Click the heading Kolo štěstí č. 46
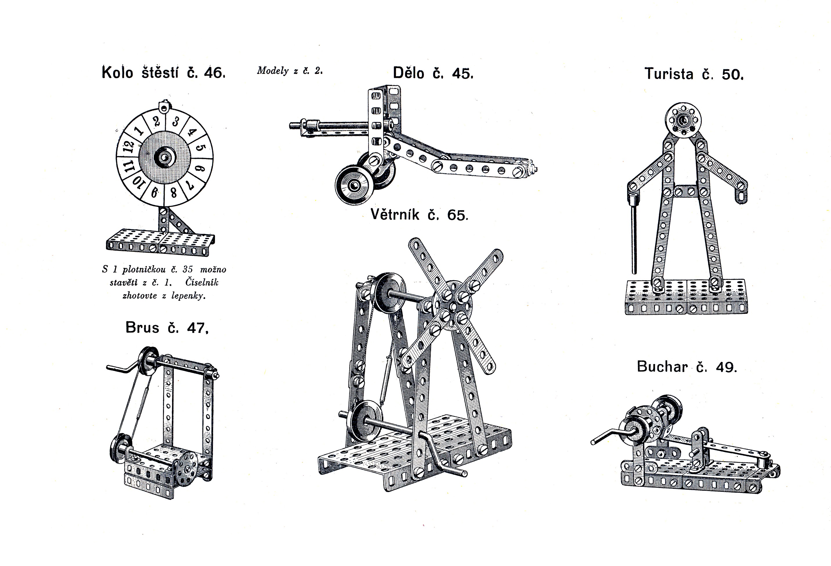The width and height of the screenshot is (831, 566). pyautogui.click(x=163, y=72)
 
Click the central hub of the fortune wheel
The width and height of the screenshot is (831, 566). pyautogui.click(x=165, y=157)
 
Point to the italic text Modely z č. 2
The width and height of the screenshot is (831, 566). pyautogui.click(x=290, y=70)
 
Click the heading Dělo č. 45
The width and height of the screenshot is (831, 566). pyautogui.click(x=433, y=73)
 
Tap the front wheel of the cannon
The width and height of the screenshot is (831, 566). pyautogui.click(x=354, y=185)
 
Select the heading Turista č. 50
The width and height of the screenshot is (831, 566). pyautogui.click(x=694, y=74)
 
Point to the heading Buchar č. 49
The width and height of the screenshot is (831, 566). pyautogui.click(x=687, y=367)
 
